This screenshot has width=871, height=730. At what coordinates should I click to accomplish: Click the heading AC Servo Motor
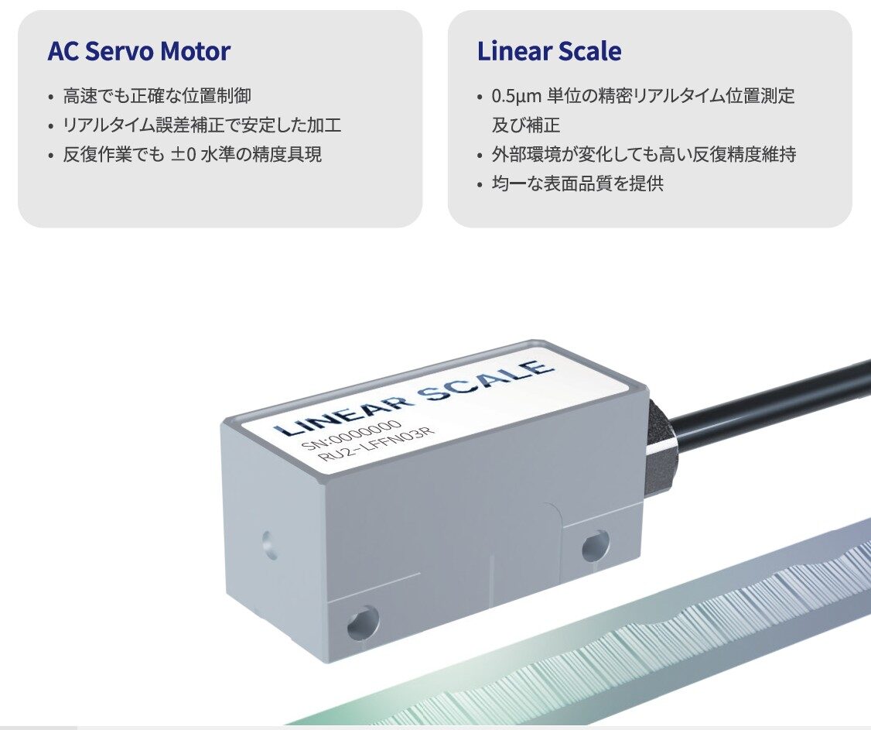pyautogui.click(x=139, y=51)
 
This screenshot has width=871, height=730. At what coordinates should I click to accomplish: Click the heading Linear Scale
pyautogui.click(x=549, y=51)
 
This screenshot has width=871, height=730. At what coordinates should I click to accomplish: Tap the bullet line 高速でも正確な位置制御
pyautogui.click(x=157, y=96)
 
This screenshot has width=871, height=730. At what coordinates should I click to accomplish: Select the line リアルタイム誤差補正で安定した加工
pyautogui.click(x=202, y=125)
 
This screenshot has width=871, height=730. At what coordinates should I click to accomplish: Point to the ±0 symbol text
pyautogui.click(x=183, y=154)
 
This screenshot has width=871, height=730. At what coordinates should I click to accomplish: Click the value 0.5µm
pyautogui.click(x=516, y=96)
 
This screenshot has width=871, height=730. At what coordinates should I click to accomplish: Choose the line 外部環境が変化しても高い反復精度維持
pyautogui.click(x=644, y=154)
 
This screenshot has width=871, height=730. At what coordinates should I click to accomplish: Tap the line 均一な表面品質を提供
pyautogui.click(x=578, y=183)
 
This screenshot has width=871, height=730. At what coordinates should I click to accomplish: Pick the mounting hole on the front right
pyautogui.click(x=596, y=546)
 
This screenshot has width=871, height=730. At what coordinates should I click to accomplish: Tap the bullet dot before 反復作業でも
pyautogui.click(x=52, y=156)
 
